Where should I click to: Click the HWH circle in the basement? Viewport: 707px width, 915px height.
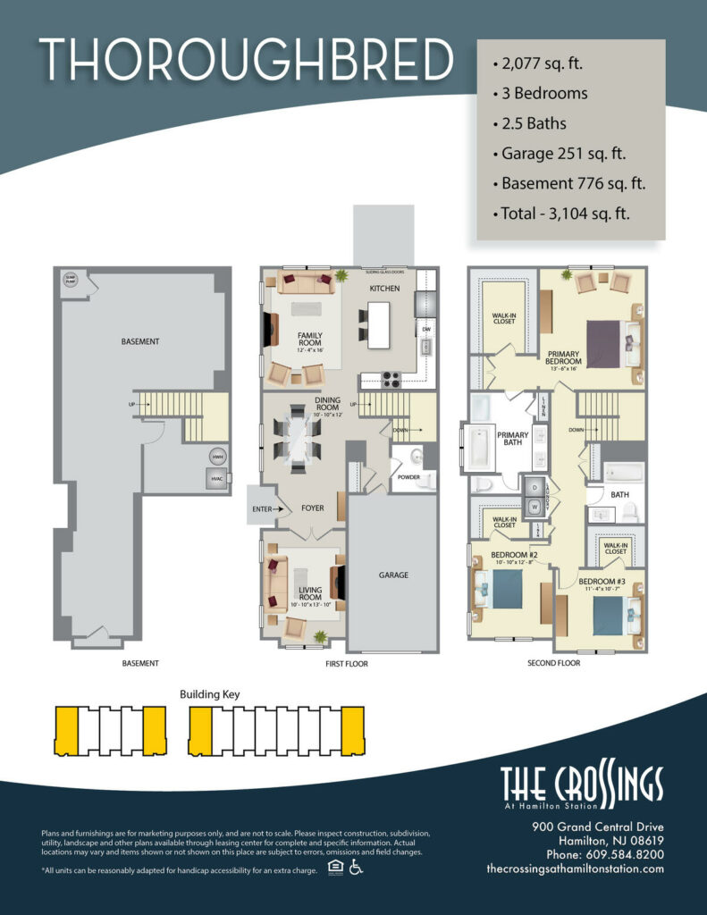click(x=216, y=457)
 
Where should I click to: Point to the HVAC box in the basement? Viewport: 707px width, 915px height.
click(x=216, y=478)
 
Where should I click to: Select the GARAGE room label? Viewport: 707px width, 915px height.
click(x=392, y=575)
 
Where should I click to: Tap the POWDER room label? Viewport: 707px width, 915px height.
click(x=408, y=477)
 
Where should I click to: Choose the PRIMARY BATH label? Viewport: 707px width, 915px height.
click(x=513, y=440)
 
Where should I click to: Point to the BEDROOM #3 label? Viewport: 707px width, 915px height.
click(x=601, y=580)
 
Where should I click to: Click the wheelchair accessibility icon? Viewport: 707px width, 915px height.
click(x=355, y=869)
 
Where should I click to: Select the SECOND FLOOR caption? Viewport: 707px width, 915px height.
click(x=555, y=663)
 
